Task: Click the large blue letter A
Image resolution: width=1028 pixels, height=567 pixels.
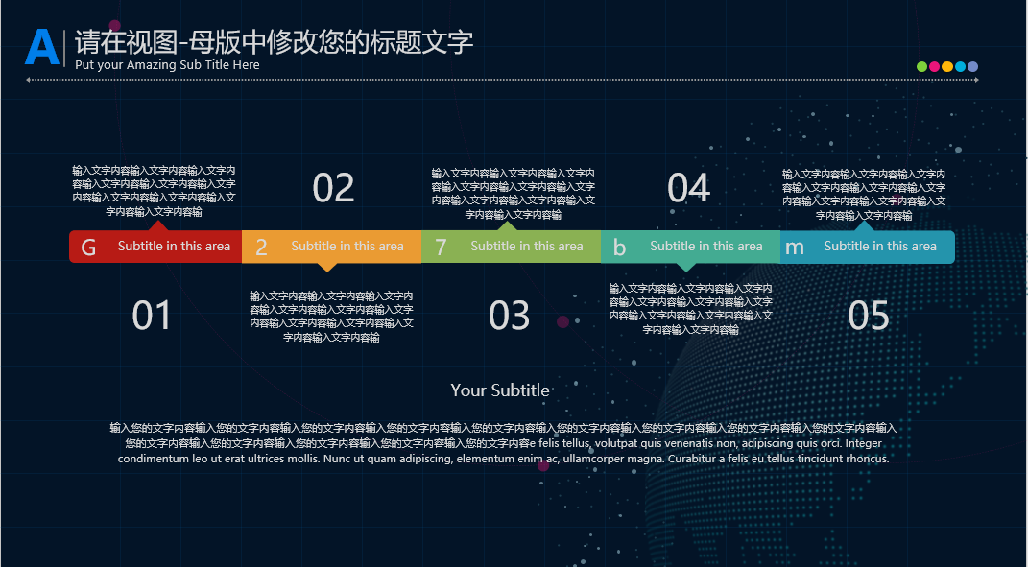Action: [42, 47]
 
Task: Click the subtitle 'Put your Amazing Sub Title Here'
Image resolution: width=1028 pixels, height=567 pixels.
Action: [167, 65]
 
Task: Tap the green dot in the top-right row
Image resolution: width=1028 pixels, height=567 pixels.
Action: [921, 66]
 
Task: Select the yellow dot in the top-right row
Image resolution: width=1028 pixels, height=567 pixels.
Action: [947, 66]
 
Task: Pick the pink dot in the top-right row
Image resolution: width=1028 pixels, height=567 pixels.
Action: [934, 66]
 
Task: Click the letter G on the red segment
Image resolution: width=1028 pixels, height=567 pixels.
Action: [88, 248]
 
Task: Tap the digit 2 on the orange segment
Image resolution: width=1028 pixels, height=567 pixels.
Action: [261, 248]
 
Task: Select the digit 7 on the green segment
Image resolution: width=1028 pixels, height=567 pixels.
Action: [441, 248]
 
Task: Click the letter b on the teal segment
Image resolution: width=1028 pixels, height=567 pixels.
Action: [619, 248]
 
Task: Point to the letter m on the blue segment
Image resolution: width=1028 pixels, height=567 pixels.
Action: [795, 248]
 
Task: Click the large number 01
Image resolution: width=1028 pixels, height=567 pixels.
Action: [152, 316]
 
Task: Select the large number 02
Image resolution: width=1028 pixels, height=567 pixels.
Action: [334, 188]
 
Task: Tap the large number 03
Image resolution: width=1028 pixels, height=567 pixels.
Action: [510, 316]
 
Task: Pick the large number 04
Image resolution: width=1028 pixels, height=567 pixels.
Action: [688, 188]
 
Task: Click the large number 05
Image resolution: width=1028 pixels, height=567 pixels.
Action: [869, 316]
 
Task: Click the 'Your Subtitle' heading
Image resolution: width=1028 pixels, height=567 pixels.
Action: [500, 390]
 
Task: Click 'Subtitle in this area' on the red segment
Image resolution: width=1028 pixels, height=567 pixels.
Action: [175, 246]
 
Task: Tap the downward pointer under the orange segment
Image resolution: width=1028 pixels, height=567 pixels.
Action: [327, 267]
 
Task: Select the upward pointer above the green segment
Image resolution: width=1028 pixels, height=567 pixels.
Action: [507, 226]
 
